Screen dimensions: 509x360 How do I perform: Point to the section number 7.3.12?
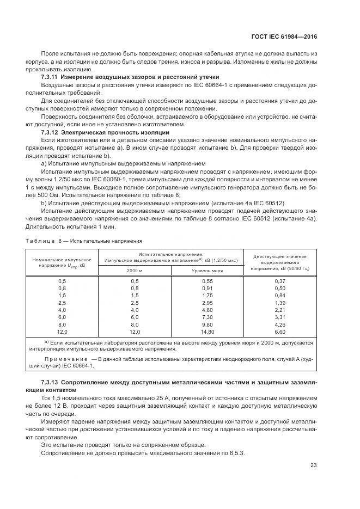(50, 132)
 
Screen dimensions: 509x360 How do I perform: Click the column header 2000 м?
(135, 270)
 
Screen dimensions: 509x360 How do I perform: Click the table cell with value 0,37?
(280, 280)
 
